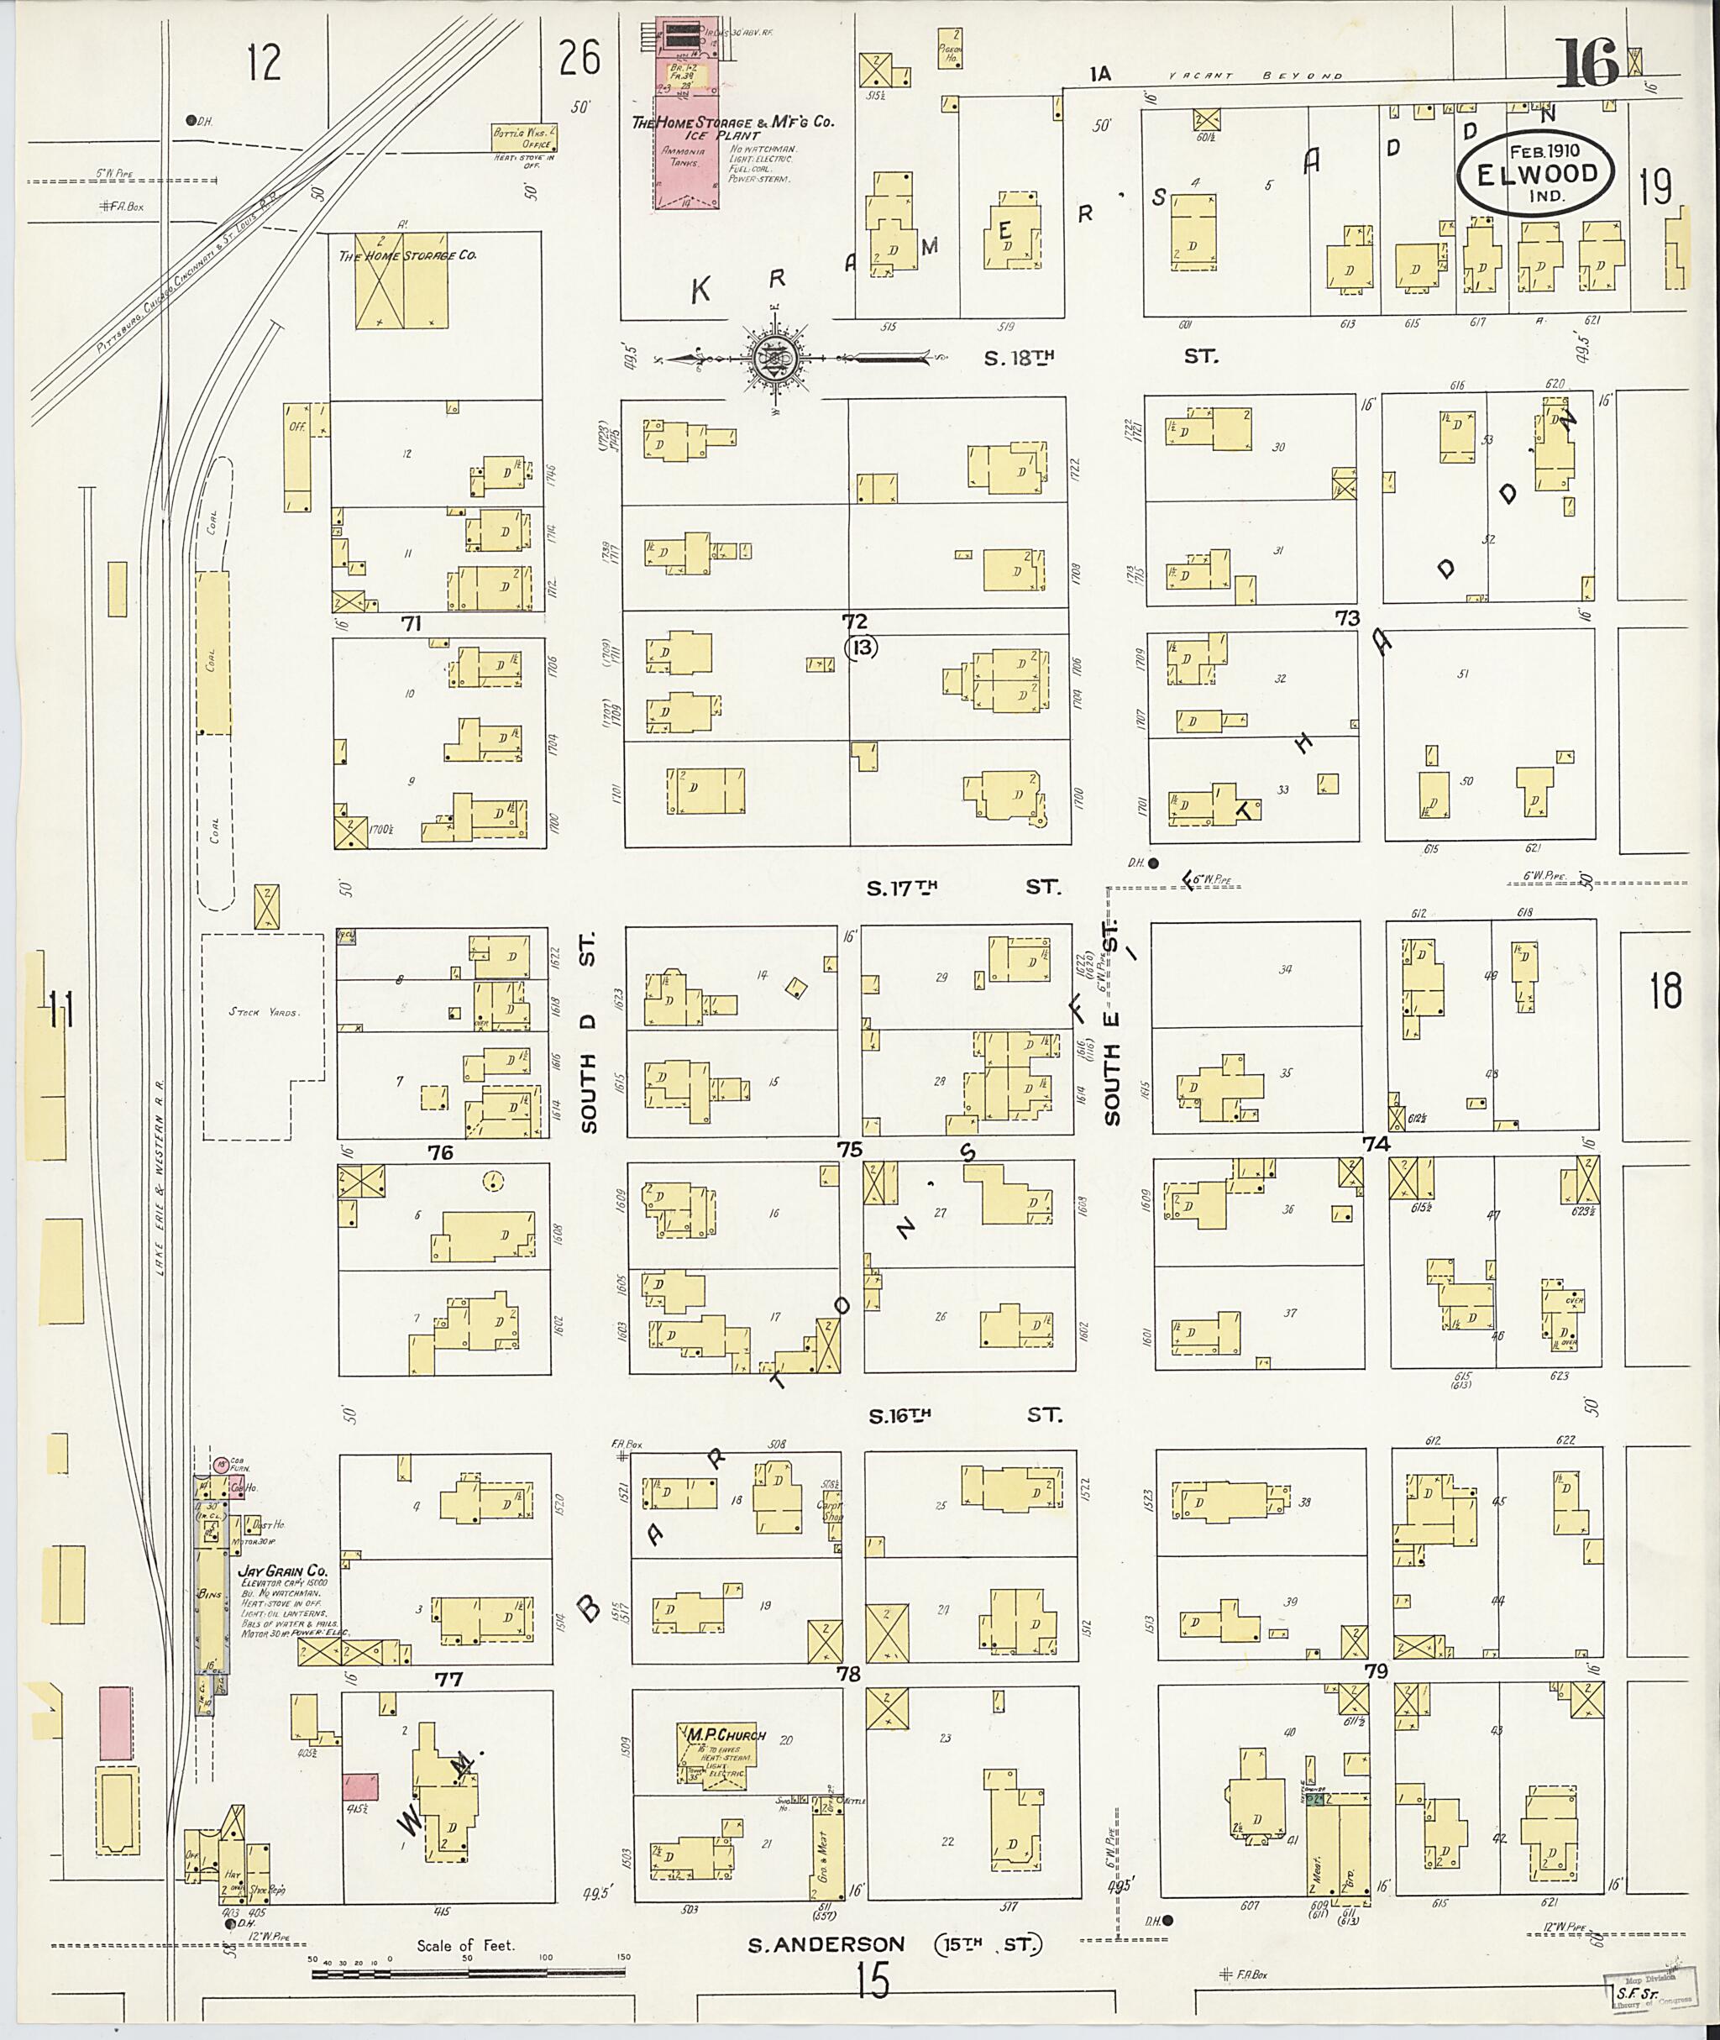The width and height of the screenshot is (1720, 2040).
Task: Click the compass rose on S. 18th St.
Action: (777, 359)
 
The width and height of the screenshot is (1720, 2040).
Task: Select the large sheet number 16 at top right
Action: (1589, 65)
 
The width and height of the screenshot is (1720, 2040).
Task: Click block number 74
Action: (1376, 1144)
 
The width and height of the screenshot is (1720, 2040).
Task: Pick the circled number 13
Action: (862, 647)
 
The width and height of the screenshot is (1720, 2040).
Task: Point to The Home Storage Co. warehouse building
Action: (402, 282)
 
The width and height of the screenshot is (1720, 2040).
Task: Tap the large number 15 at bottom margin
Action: (873, 1980)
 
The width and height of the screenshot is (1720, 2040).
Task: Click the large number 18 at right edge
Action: (1665, 992)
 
